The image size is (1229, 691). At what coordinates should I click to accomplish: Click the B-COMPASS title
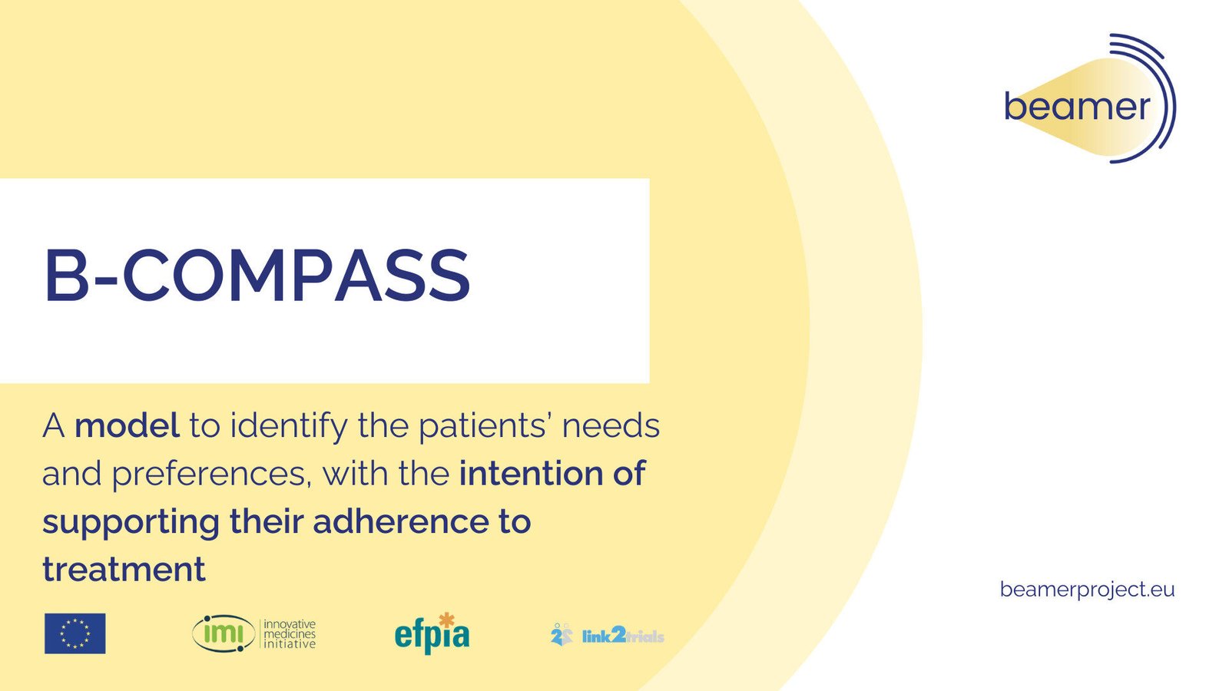click(x=257, y=275)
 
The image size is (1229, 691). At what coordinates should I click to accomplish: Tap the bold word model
click(x=127, y=425)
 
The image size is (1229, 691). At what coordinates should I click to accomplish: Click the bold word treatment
click(x=124, y=569)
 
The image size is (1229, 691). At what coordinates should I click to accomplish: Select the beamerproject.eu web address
click(x=1087, y=590)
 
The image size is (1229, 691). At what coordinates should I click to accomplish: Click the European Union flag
click(x=75, y=633)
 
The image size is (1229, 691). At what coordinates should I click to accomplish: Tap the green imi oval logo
click(x=224, y=634)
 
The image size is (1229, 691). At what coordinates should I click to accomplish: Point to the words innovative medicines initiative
click(x=290, y=634)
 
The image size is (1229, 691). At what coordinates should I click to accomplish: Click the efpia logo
click(x=432, y=634)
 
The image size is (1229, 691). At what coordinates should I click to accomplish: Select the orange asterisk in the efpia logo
click(x=447, y=620)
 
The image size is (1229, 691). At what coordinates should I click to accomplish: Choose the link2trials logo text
click(x=623, y=636)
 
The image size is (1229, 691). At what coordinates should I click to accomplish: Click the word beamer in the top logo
click(x=1077, y=107)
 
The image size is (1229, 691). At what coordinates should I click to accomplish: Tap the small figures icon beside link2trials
click(x=561, y=634)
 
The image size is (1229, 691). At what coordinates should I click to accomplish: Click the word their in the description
click(x=266, y=521)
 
